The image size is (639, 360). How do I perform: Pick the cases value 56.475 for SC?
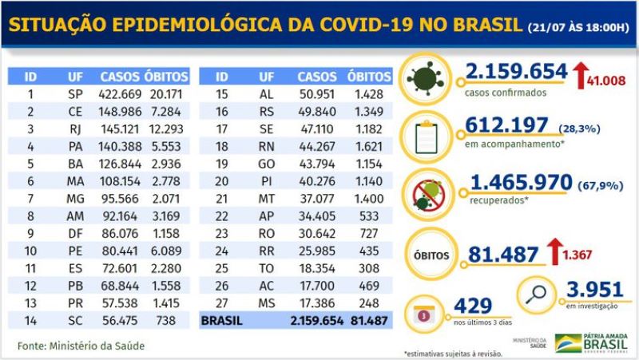click(120, 320)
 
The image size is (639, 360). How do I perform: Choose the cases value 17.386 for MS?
click(317, 304)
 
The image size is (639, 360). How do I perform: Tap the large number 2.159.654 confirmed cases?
click(516, 73)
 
